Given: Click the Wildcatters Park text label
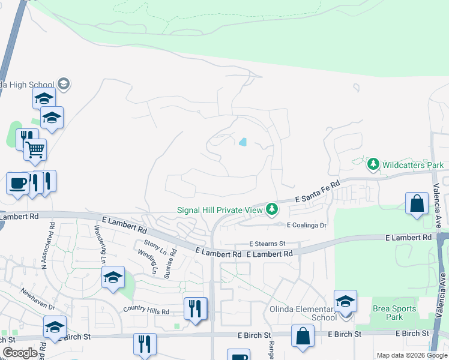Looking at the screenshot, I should click(413, 165).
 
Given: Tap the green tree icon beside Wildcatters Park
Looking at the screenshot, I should click(373, 164).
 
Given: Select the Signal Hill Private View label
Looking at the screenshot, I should click(220, 210).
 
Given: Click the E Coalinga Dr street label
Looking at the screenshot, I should click(306, 226).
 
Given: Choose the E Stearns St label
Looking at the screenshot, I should click(267, 244).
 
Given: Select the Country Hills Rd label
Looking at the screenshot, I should click(146, 311).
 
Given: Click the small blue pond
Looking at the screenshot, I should click(243, 142).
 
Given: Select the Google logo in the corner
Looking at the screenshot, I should click(19, 353).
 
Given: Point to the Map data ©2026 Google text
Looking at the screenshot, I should click(412, 355).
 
